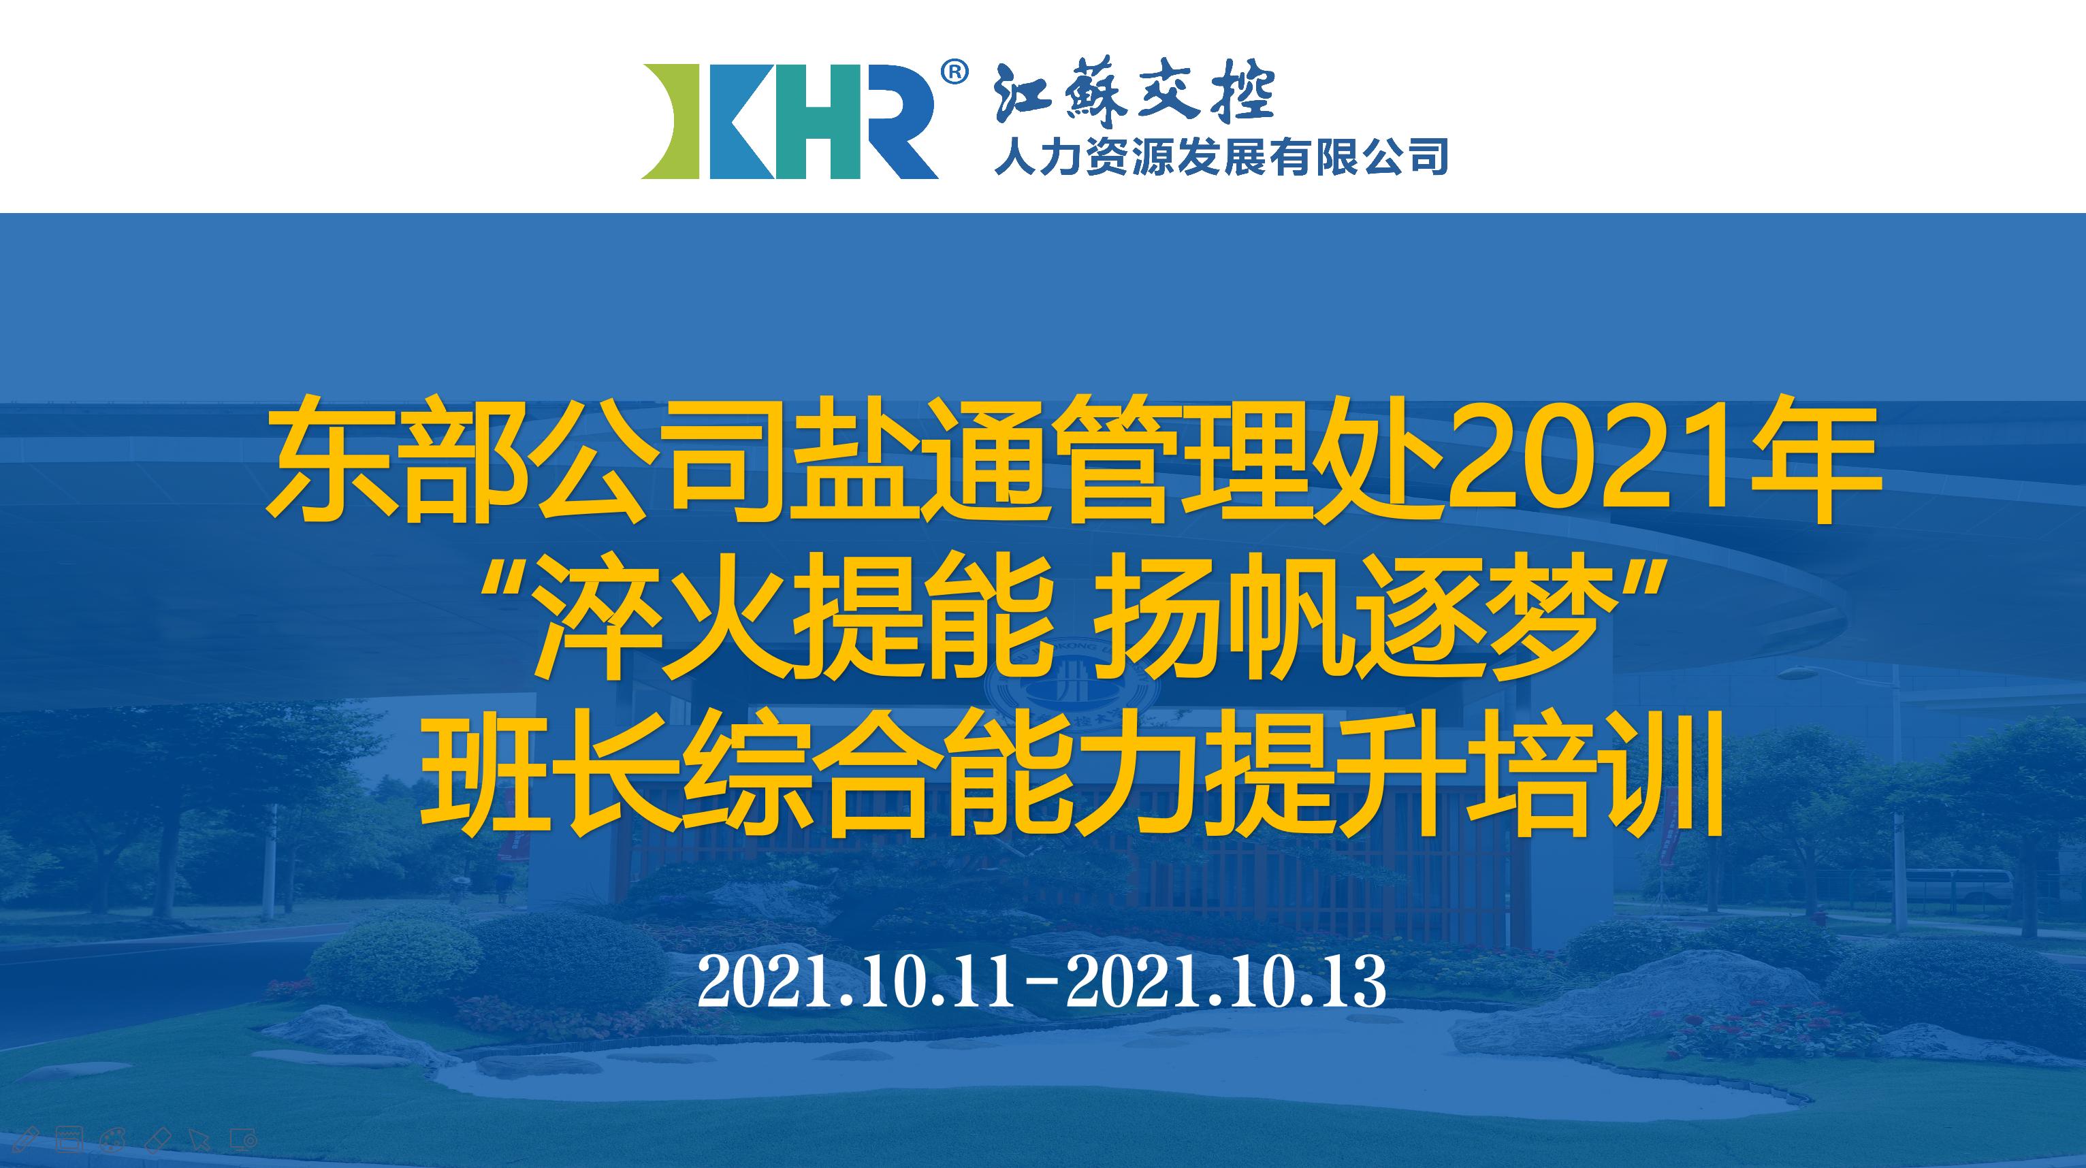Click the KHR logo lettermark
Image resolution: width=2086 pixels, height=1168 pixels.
[x=790, y=120]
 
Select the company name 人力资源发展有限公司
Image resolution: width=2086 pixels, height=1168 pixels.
[x=1220, y=157]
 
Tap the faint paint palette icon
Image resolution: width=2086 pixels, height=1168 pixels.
[x=111, y=1139]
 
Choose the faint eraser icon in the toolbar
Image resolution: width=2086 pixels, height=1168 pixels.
[x=154, y=1139]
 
